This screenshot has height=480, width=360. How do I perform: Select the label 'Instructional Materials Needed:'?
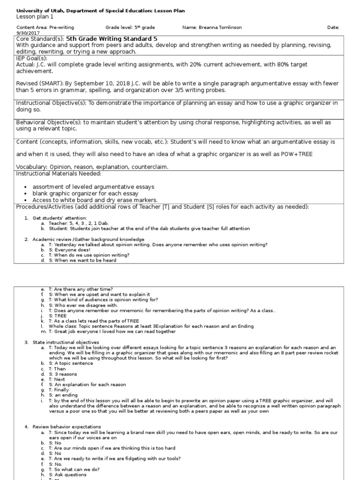coord(59,173)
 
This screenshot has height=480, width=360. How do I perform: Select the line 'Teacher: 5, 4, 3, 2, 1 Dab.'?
coord(78,224)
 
